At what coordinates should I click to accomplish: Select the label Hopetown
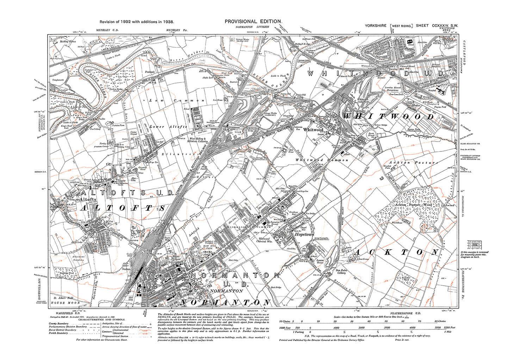click(x=304, y=234)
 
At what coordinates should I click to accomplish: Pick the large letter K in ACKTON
click(x=387, y=253)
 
